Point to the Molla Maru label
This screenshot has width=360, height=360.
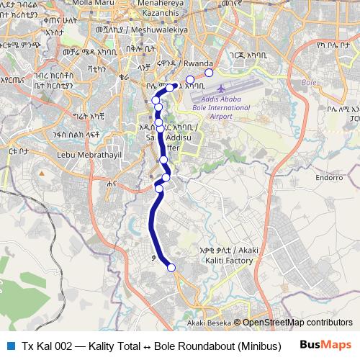(x=107, y=3)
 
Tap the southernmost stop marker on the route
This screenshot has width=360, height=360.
(x=171, y=268)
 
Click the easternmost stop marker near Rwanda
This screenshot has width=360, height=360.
(x=209, y=72)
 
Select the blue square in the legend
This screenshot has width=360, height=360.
(x=10, y=345)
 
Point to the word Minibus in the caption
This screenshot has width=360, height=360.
(x=258, y=346)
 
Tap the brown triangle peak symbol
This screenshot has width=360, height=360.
(x=41, y=174)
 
